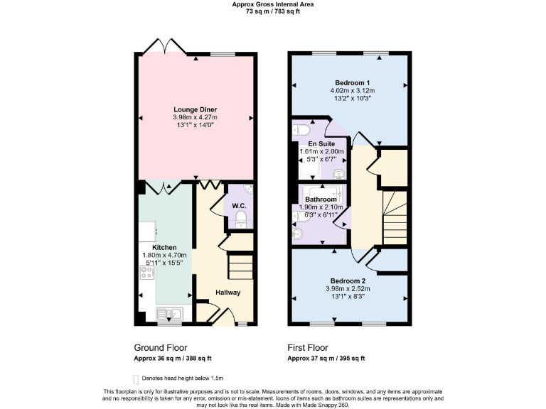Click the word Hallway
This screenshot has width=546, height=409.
(228, 293)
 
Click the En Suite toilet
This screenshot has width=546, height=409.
(301, 130)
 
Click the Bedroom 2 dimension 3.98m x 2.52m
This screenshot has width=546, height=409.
(348, 289)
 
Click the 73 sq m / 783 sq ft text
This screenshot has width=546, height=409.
(273, 12)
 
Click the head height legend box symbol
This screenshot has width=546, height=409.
(136, 378)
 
